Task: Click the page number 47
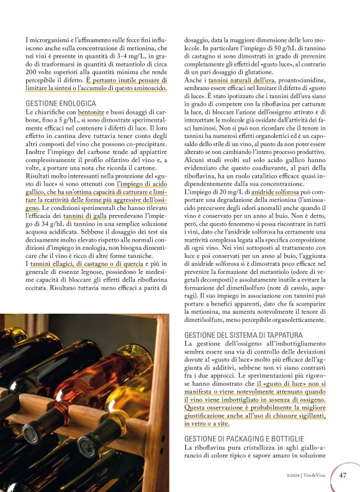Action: click(343, 475)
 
